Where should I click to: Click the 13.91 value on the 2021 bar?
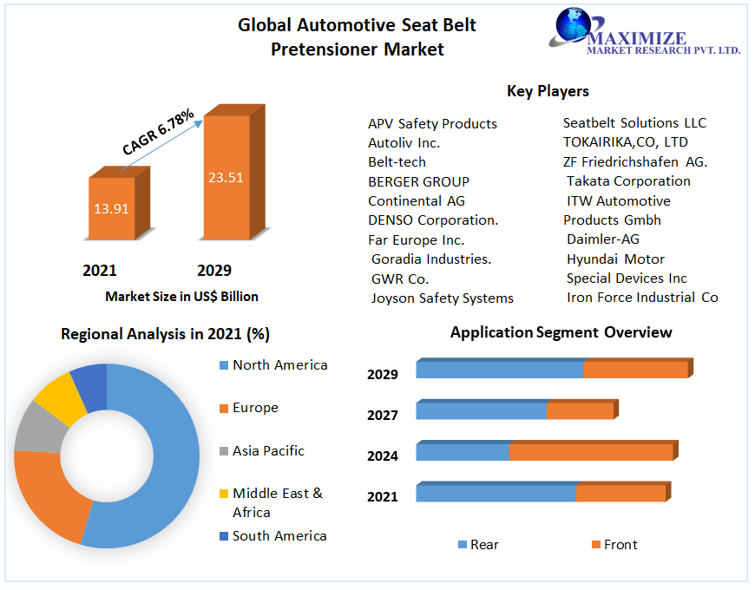click(x=110, y=209)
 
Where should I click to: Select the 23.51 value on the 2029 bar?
click(x=226, y=178)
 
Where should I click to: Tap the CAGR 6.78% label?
click(x=158, y=133)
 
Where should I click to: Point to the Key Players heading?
click(x=548, y=91)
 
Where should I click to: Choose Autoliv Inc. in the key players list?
click(x=404, y=143)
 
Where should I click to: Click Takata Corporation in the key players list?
click(x=628, y=181)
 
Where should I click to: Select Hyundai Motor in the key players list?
click(x=615, y=259)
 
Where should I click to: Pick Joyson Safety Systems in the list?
click(x=442, y=298)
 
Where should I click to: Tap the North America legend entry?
click(x=279, y=365)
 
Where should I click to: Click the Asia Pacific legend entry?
click(x=268, y=451)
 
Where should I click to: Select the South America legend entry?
click(x=279, y=536)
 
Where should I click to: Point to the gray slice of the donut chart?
click(x=34, y=427)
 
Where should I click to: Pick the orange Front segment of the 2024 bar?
click(x=590, y=452)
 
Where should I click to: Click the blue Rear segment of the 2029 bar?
click(x=499, y=370)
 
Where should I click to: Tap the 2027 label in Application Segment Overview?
click(x=383, y=416)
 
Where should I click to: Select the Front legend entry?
click(x=620, y=545)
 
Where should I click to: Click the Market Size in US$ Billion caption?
click(x=181, y=297)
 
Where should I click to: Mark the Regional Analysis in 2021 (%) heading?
click(x=164, y=334)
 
